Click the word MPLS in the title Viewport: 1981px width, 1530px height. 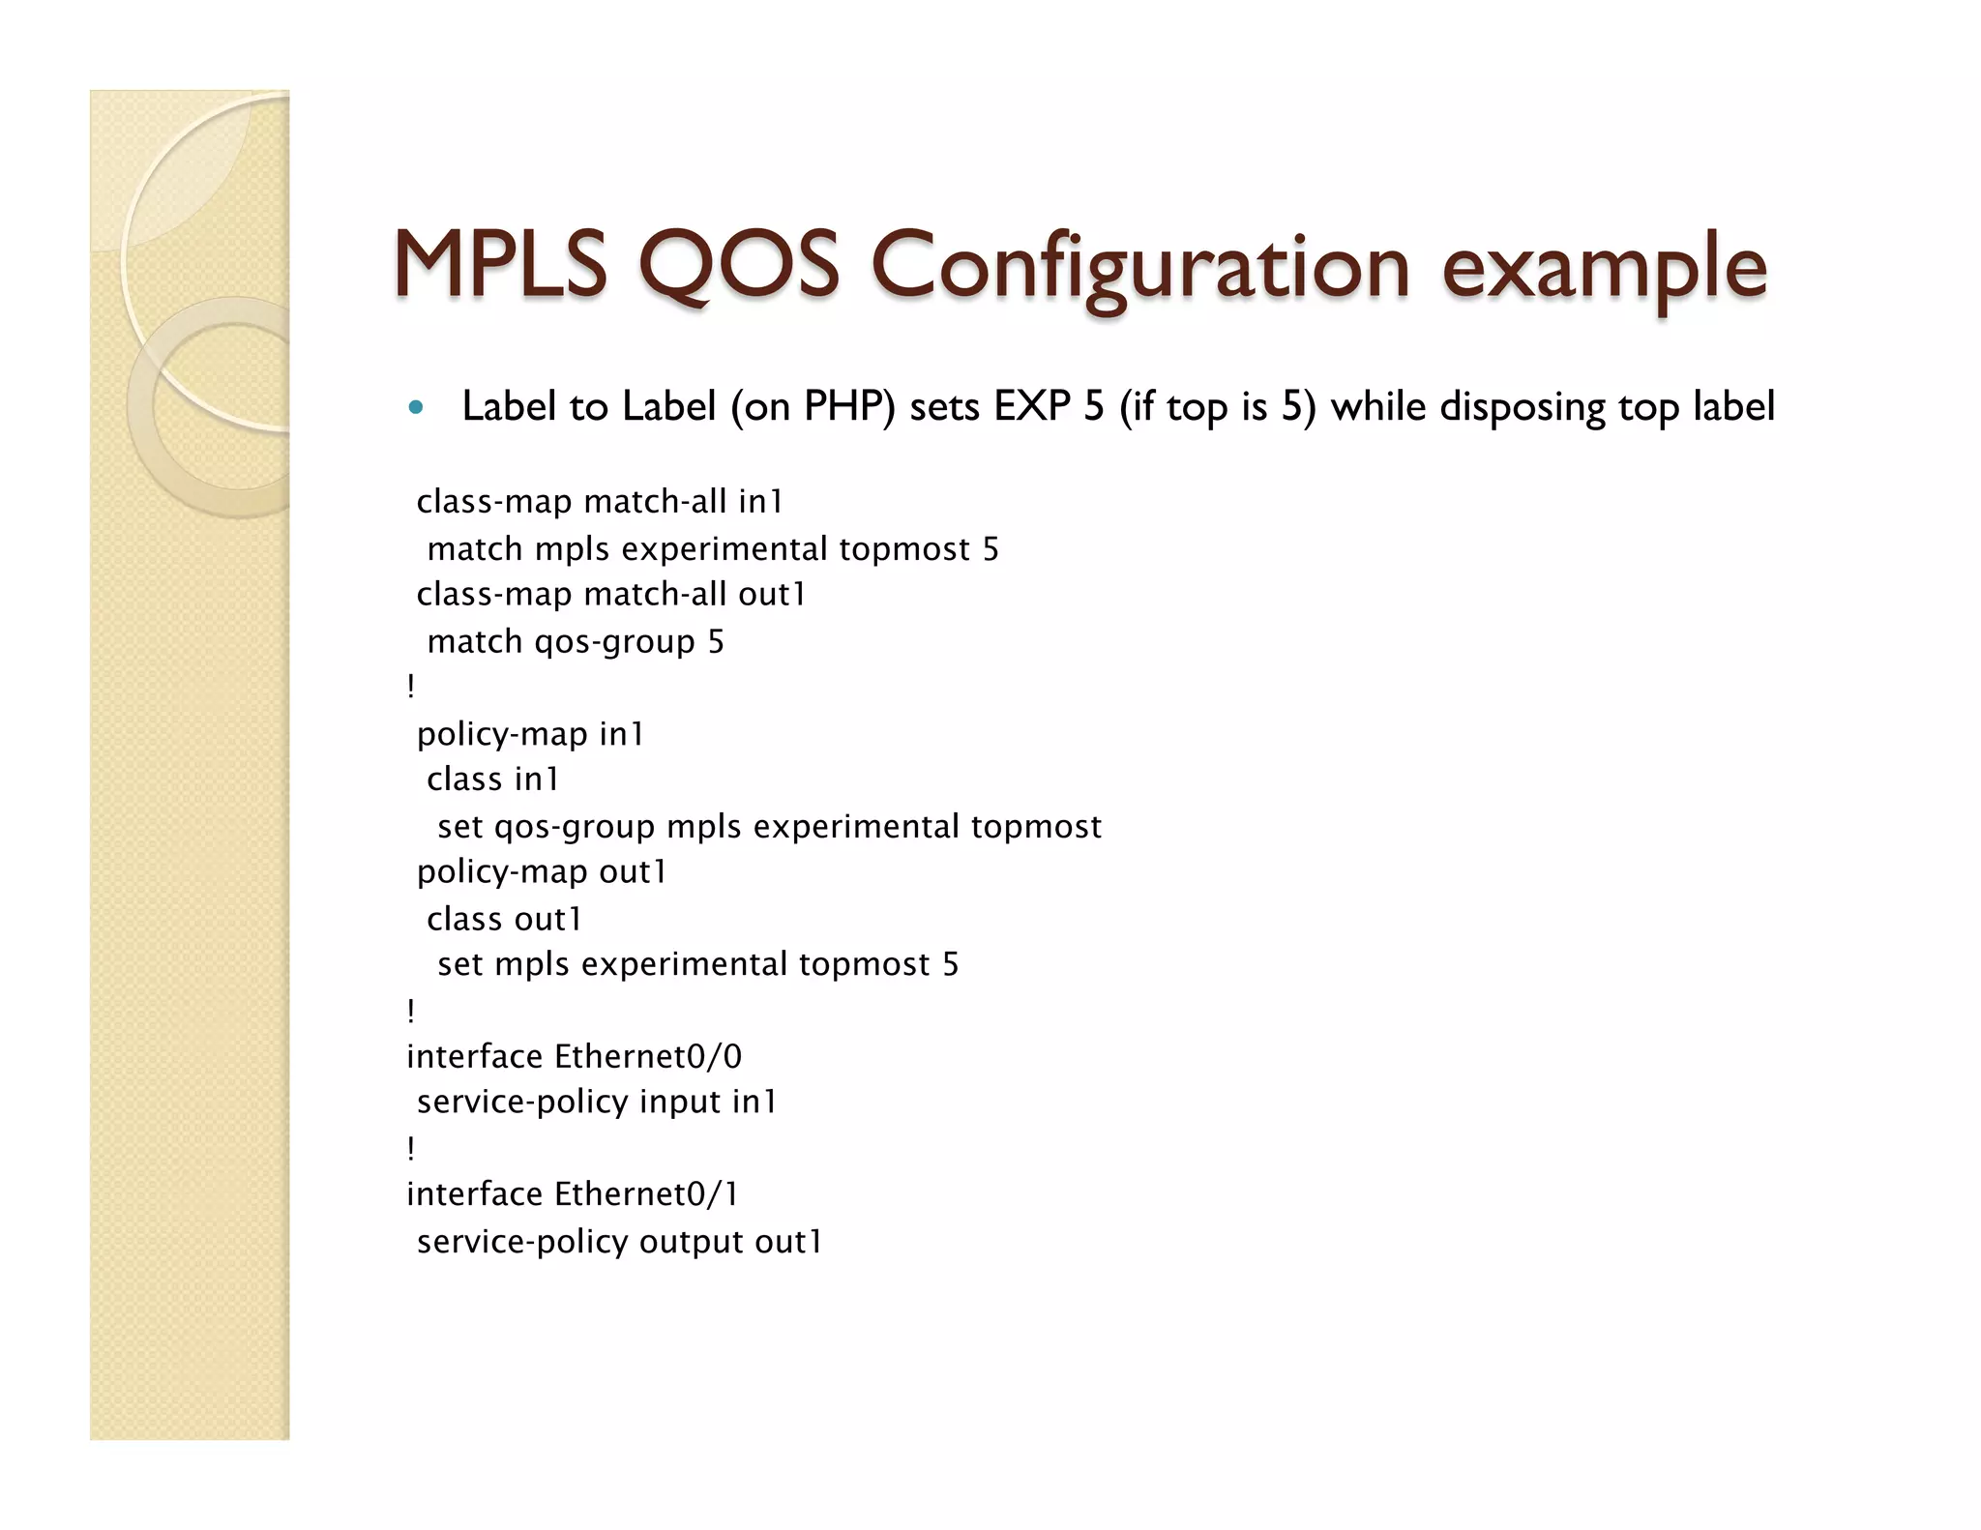coord(500,265)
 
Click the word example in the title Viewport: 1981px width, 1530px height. coord(1604,267)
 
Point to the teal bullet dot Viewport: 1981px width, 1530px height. coord(416,407)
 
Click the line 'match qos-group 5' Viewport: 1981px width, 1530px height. coord(576,642)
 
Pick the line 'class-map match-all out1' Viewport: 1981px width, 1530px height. coord(611,595)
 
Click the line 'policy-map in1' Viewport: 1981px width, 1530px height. coord(530,735)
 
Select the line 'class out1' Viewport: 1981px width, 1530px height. coord(504,919)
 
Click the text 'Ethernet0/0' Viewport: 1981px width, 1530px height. coord(648,1056)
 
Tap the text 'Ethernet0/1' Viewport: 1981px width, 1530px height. coord(647,1194)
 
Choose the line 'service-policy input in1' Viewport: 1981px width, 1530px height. coord(597,1103)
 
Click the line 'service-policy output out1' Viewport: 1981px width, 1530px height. coord(619,1242)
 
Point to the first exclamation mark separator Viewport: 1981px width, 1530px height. coord(411,687)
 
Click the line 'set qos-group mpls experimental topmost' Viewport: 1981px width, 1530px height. coord(769,827)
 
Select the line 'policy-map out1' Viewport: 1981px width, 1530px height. coord(542,872)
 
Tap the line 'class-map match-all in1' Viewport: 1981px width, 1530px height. coord(600,502)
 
